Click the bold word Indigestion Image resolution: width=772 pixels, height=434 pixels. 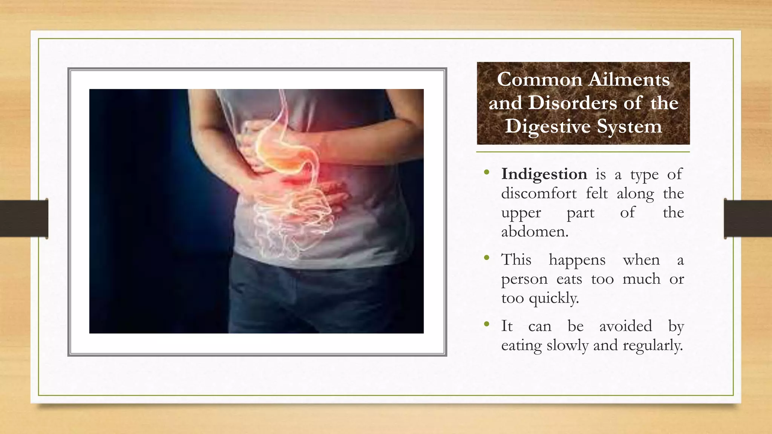(544, 174)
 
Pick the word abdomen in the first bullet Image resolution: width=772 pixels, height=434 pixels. (535, 231)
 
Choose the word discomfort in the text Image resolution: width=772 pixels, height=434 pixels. (539, 193)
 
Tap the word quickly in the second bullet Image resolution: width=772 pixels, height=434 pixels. (554, 298)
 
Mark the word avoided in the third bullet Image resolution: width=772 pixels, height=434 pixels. (625, 326)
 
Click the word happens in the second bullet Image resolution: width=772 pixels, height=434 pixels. (577, 260)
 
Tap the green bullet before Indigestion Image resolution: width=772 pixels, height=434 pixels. (487, 173)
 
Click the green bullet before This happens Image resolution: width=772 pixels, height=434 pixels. (487, 258)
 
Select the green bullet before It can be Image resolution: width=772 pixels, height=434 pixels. (487, 324)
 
